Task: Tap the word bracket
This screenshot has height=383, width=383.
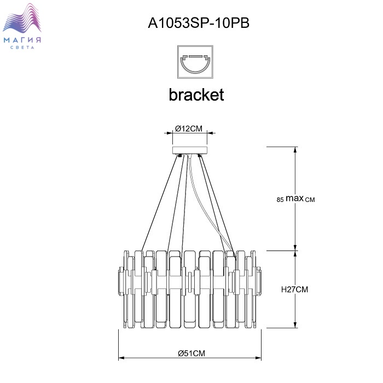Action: coord(196,95)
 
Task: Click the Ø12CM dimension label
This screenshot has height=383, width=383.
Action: coord(189,129)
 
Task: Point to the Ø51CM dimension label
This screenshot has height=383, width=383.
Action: coord(191,353)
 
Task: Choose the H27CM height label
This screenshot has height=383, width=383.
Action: coord(295,289)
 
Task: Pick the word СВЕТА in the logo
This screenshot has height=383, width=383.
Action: coord(22,48)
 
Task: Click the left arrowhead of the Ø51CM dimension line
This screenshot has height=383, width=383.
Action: coord(121,358)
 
